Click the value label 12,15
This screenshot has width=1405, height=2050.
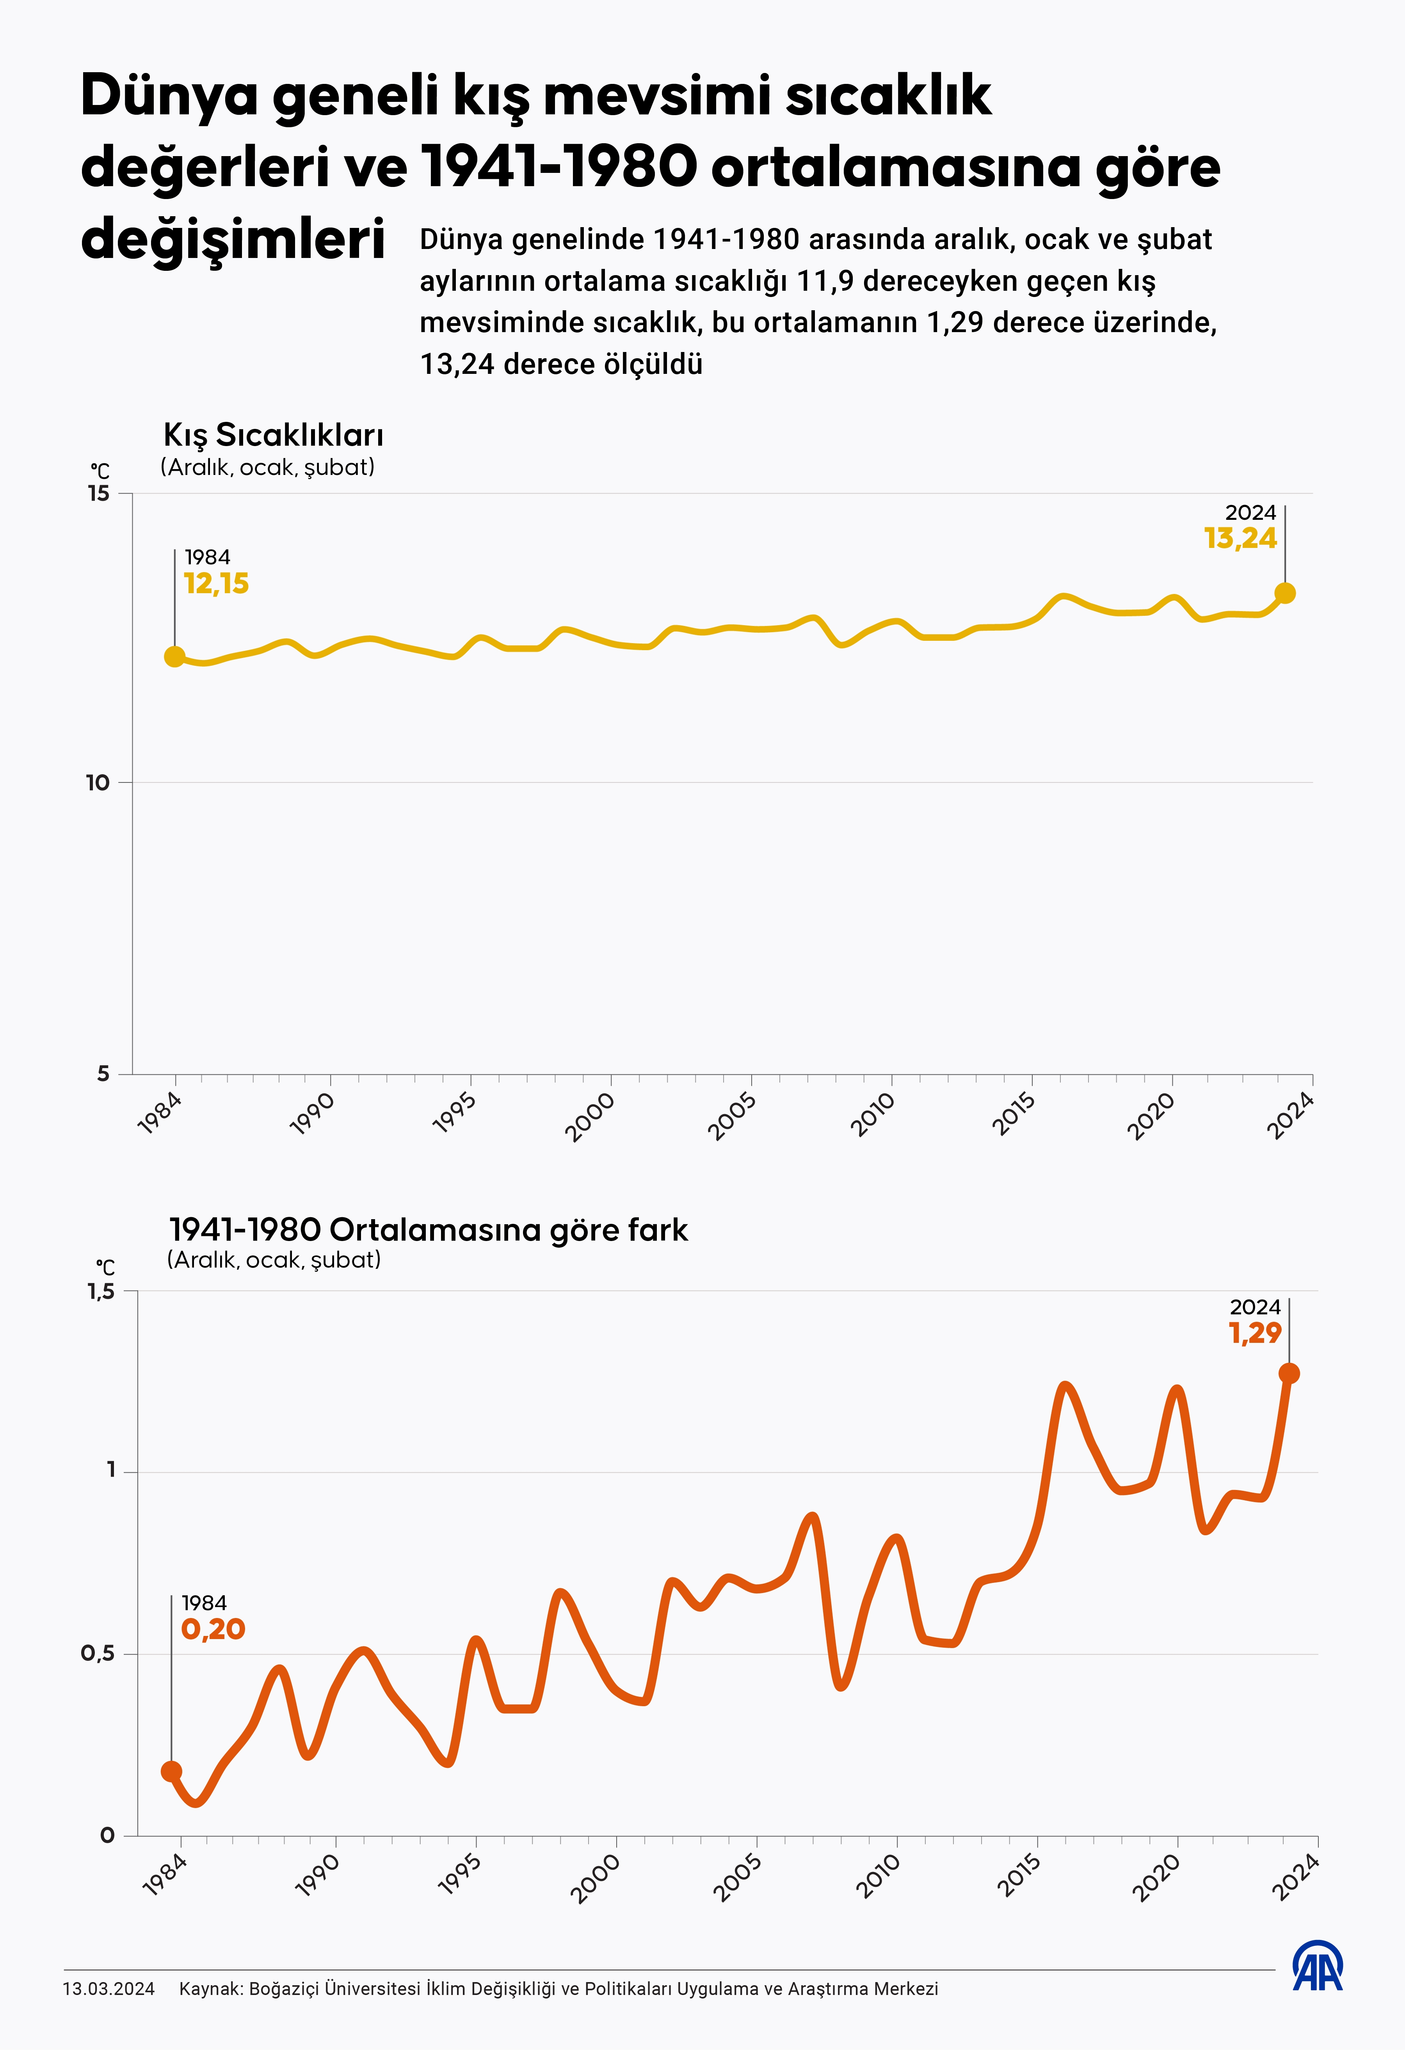tap(216, 584)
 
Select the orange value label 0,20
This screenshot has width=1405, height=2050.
tap(213, 1629)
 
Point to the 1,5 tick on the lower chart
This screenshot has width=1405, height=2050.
tap(101, 1291)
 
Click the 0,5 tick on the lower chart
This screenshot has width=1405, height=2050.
tap(98, 1653)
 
